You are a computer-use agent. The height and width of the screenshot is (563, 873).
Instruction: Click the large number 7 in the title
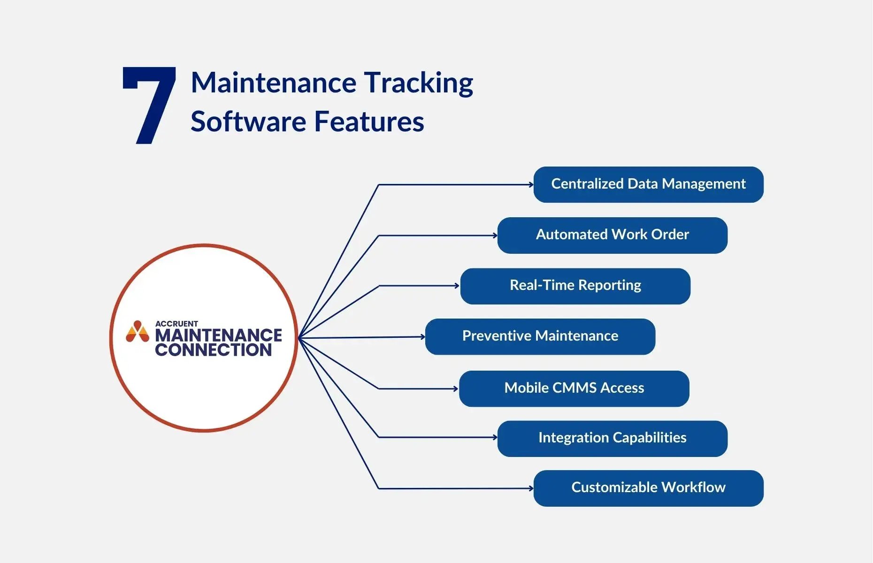click(149, 104)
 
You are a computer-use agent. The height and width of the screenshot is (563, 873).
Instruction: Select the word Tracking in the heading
click(419, 84)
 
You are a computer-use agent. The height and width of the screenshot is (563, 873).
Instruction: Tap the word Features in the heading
click(369, 122)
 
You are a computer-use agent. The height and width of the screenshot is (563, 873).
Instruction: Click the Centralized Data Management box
click(648, 184)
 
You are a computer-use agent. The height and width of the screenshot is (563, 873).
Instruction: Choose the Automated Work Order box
click(612, 235)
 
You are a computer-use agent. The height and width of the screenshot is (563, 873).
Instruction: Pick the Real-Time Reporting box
click(575, 286)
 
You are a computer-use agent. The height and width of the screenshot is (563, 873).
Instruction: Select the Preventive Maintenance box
click(540, 336)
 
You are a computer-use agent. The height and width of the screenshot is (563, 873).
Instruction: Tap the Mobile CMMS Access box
click(574, 388)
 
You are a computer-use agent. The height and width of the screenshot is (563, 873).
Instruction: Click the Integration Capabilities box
click(612, 438)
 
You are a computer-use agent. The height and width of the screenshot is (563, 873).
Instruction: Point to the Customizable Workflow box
click(648, 488)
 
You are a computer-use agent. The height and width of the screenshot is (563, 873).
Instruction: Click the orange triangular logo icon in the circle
click(137, 332)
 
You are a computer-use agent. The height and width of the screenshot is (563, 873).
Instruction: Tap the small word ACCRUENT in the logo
click(176, 324)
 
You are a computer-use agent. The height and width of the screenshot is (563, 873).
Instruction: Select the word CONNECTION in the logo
click(214, 350)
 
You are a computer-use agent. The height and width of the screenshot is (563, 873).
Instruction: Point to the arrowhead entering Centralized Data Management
click(531, 185)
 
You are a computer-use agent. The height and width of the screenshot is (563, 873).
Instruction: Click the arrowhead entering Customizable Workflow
click(531, 488)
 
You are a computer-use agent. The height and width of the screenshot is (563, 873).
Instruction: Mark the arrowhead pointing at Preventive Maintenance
click(422, 337)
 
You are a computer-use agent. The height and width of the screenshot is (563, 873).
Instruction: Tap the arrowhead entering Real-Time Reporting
click(457, 286)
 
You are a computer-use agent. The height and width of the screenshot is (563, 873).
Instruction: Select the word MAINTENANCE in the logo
click(218, 335)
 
